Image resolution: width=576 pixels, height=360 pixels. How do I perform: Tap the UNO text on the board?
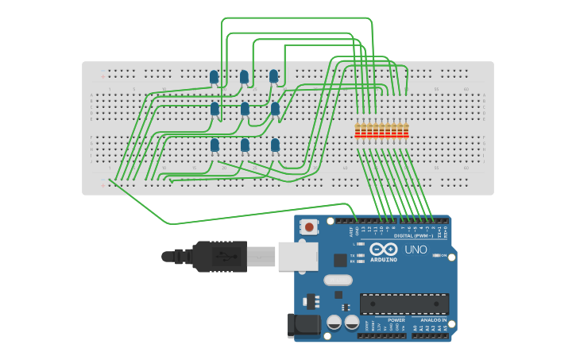click(416, 250)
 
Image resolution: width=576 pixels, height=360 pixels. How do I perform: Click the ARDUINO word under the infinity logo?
click(384, 260)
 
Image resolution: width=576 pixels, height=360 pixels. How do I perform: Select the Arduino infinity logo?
click(383, 249)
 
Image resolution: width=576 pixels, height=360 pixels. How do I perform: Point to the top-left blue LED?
click(214, 77)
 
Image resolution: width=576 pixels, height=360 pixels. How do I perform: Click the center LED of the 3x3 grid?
click(245, 108)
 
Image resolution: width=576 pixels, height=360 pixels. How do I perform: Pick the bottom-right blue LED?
click(275, 145)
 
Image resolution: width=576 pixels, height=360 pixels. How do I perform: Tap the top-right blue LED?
click(273, 76)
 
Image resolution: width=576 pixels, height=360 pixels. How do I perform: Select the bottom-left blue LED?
click(215, 145)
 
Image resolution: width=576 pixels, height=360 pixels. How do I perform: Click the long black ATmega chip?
click(404, 304)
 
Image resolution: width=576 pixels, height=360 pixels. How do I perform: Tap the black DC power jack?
click(303, 324)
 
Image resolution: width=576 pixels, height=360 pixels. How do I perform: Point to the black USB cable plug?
click(218, 257)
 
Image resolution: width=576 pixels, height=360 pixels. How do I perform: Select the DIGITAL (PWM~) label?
click(414, 236)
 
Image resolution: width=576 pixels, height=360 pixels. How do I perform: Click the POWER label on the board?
click(396, 319)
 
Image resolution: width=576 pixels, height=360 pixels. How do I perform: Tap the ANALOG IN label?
click(433, 319)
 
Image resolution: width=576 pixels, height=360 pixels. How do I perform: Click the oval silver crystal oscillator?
click(338, 280)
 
